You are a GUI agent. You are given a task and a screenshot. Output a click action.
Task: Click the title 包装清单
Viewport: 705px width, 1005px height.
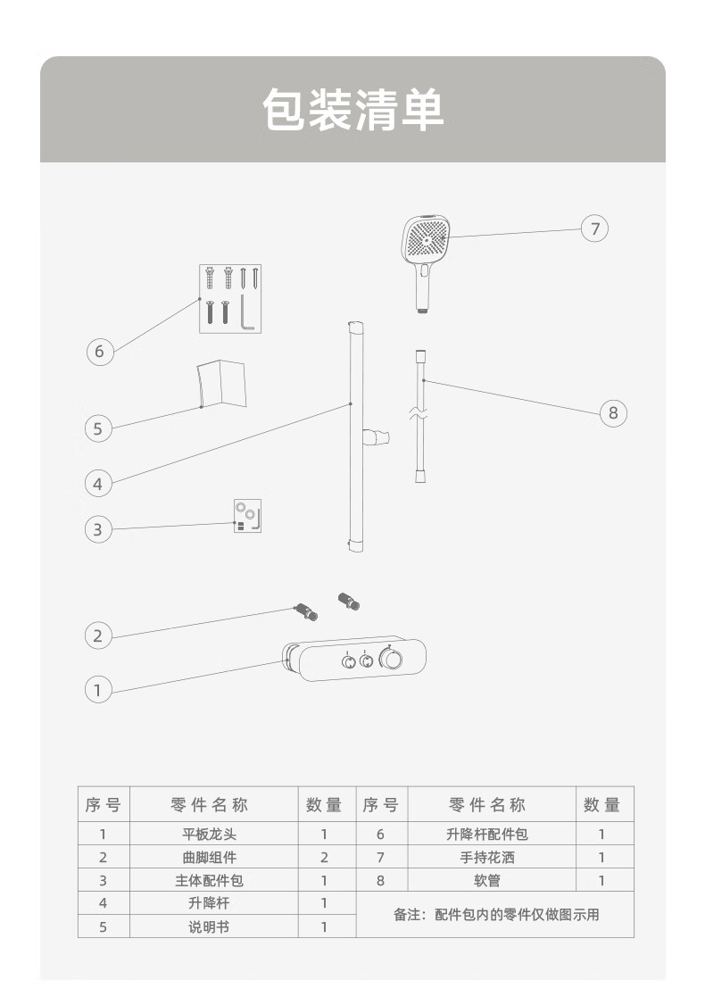tap(352, 111)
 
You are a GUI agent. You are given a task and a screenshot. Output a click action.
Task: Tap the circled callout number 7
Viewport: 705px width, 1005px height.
tap(595, 228)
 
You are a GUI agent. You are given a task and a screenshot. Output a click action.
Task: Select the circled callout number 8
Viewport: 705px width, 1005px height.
tap(613, 413)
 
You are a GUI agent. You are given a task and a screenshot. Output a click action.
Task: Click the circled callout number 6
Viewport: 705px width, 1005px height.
tap(99, 352)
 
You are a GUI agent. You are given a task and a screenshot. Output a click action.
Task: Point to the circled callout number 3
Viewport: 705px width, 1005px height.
tap(98, 529)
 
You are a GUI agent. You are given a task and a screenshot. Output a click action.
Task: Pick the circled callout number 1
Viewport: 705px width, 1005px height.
tap(98, 689)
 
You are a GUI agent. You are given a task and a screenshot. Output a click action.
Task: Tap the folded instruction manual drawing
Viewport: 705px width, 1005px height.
tap(220, 384)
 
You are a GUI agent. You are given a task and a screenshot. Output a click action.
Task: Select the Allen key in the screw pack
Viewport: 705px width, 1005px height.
tap(247, 312)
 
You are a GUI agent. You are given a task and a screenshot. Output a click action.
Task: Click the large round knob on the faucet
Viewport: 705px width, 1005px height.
tap(391, 660)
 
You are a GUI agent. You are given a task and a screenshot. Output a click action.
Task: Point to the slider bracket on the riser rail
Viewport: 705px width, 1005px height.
tap(375, 437)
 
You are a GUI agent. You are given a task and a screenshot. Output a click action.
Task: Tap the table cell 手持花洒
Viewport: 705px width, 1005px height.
tap(487, 858)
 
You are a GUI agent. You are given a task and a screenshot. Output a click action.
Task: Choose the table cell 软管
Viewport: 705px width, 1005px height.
tap(487, 880)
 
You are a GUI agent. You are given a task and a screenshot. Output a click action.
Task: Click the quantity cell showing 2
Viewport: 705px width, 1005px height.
tap(324, 858)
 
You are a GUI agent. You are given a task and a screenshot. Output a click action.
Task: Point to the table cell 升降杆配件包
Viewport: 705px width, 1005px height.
tap(487, 835)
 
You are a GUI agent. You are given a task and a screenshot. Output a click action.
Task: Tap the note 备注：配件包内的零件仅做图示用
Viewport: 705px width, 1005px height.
tap(496, 915)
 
